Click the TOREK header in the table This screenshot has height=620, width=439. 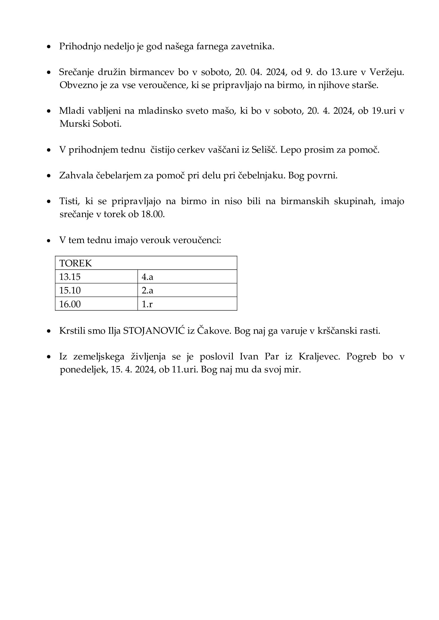click(x=76, y=263)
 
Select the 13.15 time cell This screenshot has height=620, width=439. click(x=70, y=277)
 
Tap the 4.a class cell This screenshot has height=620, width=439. click(x=147, y=277)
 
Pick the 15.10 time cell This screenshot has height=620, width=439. click(x=70, y=290)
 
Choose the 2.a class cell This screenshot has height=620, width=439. click(x=147, y=290)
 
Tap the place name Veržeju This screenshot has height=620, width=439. click(x=386, y=72)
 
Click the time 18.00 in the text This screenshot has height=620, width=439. click(x=153, y=214)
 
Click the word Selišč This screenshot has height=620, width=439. click(x=264, y=149)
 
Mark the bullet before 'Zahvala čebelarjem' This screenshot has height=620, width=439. click(x=49, y=176)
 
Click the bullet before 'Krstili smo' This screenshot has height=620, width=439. click(x=49, y=331)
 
